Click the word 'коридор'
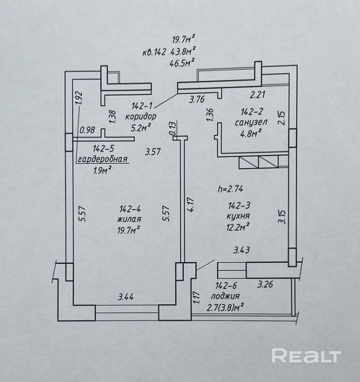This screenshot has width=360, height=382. [x=141, y=116]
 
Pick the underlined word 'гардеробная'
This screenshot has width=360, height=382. [x=102, y=159]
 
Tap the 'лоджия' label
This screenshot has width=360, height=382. [x=225, y=296]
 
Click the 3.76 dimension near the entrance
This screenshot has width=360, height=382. [x=197, y=100]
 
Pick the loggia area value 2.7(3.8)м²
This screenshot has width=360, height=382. [x=225, y=307]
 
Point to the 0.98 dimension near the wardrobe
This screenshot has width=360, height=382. [x=87, y=130]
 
